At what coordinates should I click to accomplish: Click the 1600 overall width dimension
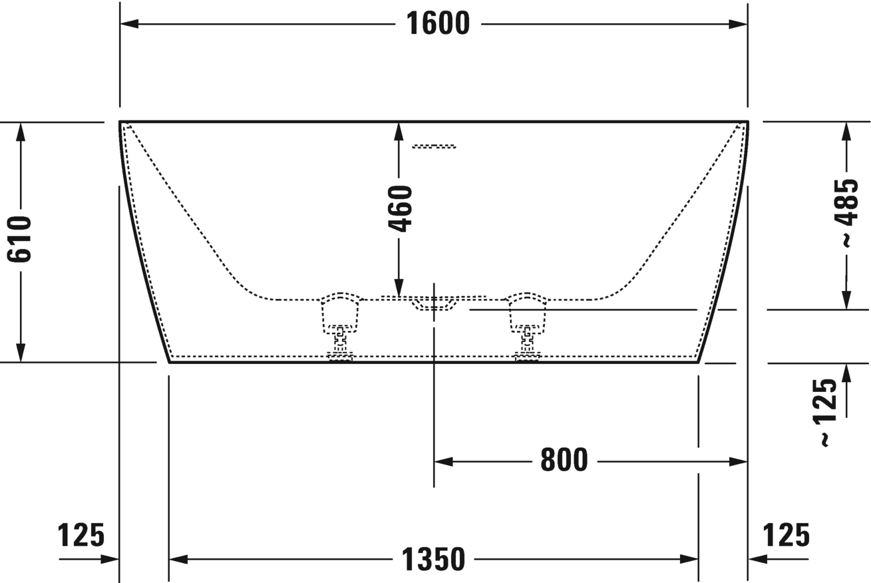coord(438,25)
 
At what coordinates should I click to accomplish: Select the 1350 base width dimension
coord(433,559)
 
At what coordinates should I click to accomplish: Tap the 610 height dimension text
coord(21,239)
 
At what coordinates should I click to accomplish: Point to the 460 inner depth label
coord(400,209)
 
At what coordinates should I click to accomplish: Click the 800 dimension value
coord(564,461)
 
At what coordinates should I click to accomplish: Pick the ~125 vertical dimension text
coord(825,412)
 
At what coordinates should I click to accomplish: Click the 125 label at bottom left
coord(81,534)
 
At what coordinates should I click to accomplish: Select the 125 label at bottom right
coord(786,534)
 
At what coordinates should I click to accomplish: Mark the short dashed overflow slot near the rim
coord(434,146)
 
